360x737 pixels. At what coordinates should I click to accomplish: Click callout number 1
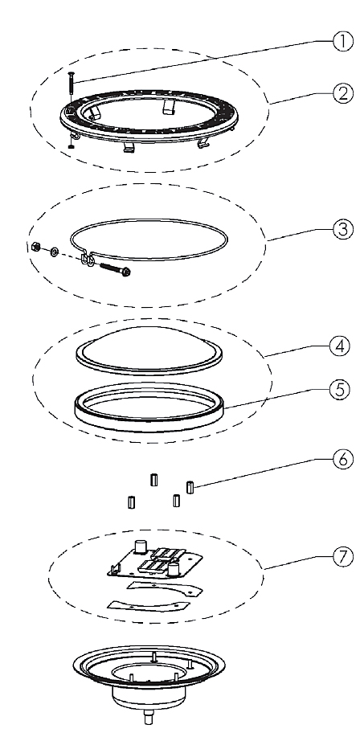342,43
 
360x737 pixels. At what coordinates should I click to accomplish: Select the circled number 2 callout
342,94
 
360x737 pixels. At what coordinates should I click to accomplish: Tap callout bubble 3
342,231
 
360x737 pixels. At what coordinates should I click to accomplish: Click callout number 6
342,459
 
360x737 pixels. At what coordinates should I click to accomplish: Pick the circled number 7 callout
342,557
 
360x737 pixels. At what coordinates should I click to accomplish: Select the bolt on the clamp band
114,269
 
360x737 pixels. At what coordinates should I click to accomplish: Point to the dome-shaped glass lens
149,349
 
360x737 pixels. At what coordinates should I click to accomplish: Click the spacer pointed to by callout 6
190,487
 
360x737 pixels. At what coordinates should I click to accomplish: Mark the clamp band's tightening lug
88,259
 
